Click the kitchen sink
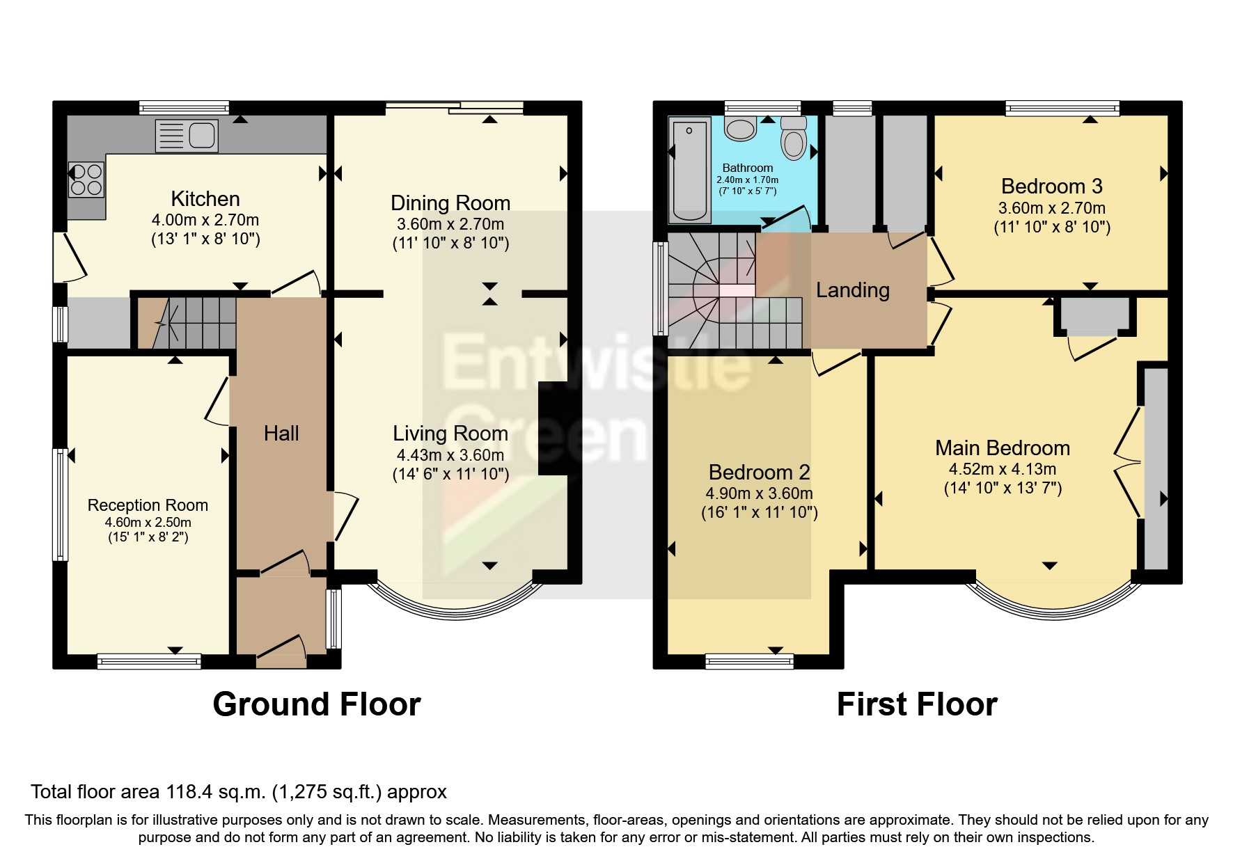coord(187,136)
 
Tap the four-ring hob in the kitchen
coord(86,179)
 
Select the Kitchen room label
coord(205,199)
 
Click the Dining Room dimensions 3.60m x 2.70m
coord(450,224)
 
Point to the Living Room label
coord(450,434)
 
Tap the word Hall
coord(281,434)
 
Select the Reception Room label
coord(148,505)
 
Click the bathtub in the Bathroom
coord(689,169)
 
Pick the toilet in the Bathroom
coord(793,138)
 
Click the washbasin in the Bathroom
coord(741,129)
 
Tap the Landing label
coord(853,290)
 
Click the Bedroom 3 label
coord(1051,187)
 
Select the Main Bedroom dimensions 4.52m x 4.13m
coord(1003,469)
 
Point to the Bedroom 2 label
coord(759,473)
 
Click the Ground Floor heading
coord(317,704)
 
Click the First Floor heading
coord(917,704)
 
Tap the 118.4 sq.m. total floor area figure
coord(216,792)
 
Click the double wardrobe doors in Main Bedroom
coord(1128,461)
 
